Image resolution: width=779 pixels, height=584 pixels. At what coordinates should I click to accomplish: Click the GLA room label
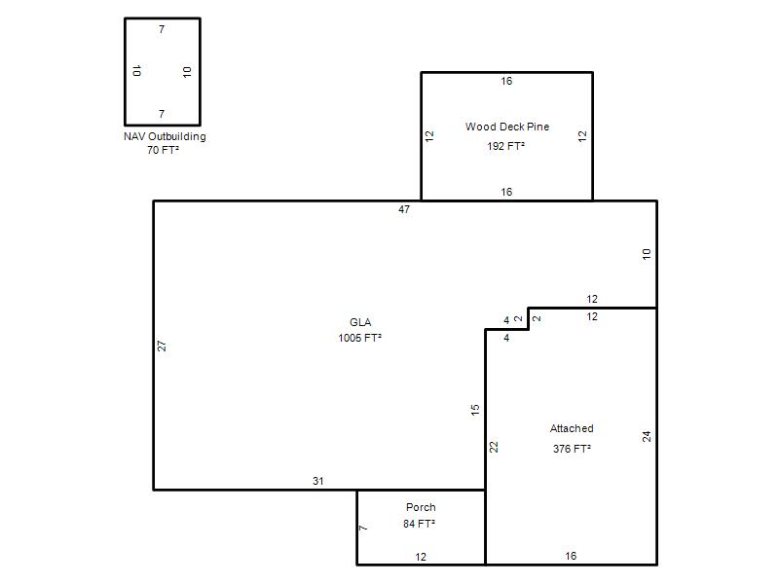(360, 322)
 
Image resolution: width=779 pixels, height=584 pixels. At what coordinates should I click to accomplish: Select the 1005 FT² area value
(359, 338)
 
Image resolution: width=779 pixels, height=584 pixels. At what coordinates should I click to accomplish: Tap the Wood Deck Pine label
(507, 127)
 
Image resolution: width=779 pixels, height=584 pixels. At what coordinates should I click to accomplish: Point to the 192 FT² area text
(505, 146)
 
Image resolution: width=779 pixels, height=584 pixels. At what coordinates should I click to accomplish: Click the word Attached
(572, 428)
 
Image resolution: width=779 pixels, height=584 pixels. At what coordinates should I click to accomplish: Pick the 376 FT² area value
(572, 449)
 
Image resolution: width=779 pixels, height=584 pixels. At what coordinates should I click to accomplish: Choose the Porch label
(421, 507)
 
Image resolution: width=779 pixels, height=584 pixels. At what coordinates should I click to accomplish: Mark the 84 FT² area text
(420, 524)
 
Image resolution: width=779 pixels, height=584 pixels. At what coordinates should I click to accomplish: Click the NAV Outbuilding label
(165, 136)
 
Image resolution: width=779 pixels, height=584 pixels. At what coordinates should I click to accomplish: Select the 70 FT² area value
(163, 150)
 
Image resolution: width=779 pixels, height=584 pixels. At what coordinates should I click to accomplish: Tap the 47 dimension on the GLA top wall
(404, 209)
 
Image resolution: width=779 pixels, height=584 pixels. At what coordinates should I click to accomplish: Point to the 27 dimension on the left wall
(162, 347)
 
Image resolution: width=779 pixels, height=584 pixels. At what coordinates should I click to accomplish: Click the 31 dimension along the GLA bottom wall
(318, 481)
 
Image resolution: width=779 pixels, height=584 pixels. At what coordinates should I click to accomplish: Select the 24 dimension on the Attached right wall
(647, 436)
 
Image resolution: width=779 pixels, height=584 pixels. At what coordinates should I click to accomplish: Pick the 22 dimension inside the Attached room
(494, 447)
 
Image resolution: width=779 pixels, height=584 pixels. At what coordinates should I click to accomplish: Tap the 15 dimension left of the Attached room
(475, 410)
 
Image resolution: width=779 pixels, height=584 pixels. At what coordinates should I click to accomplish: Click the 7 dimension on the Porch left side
(363, 528)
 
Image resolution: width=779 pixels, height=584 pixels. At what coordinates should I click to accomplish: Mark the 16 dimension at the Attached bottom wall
(571, 556)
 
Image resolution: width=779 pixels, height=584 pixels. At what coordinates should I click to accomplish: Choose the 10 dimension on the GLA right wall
(647, 254)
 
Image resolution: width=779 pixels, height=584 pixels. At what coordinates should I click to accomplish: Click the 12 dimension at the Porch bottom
(421, 557)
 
